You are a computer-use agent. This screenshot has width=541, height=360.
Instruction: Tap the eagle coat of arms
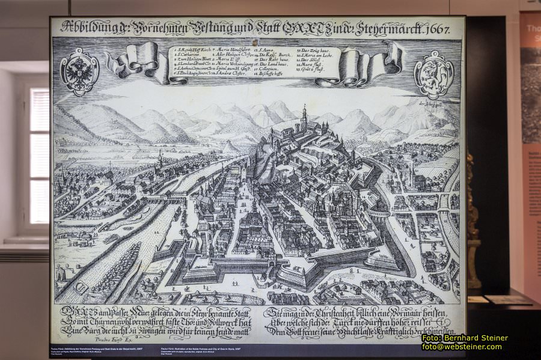(79, 72)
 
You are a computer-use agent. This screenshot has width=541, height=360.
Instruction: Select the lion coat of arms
(433, 74)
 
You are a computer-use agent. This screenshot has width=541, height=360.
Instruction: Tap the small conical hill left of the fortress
(229, 147)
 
